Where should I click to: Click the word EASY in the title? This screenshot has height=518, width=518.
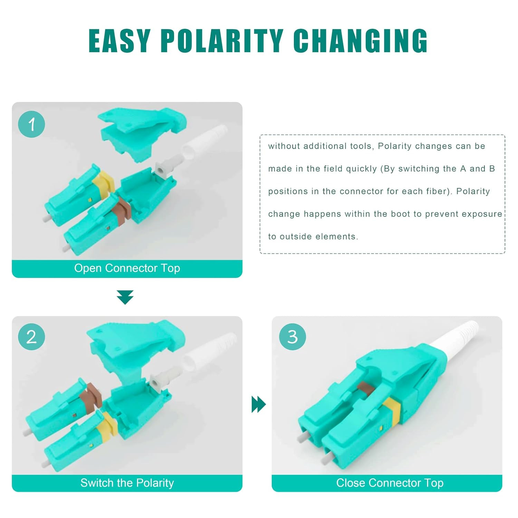[119, 41]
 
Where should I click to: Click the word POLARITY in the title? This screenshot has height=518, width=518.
[222, 41]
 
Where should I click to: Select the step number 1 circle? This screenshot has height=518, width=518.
[31, 124]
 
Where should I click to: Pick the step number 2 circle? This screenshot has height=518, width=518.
[31, 337]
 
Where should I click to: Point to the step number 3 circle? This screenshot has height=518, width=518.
[292, 337]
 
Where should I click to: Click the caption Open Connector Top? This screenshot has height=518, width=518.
[127, 268]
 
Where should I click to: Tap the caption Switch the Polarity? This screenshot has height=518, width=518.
[127, 483]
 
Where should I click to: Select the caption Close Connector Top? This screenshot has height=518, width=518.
[390, 483]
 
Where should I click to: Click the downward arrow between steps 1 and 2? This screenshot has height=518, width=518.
[125, 297]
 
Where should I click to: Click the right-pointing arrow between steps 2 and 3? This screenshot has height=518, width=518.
[259, 404]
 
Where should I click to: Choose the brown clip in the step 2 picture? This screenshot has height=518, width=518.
[90, 394]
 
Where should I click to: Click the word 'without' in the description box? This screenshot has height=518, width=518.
[284, 146]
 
